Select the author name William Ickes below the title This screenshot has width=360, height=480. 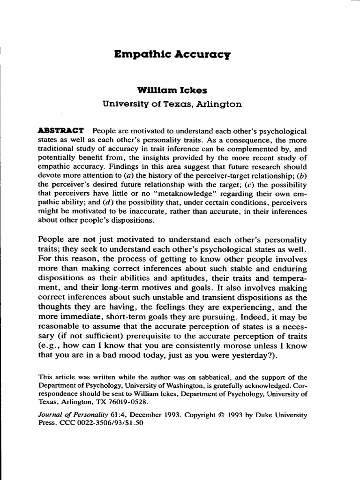point(172,90)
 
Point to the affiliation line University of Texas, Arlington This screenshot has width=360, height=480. point(172,104)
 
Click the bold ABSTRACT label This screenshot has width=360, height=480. point(60,130)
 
